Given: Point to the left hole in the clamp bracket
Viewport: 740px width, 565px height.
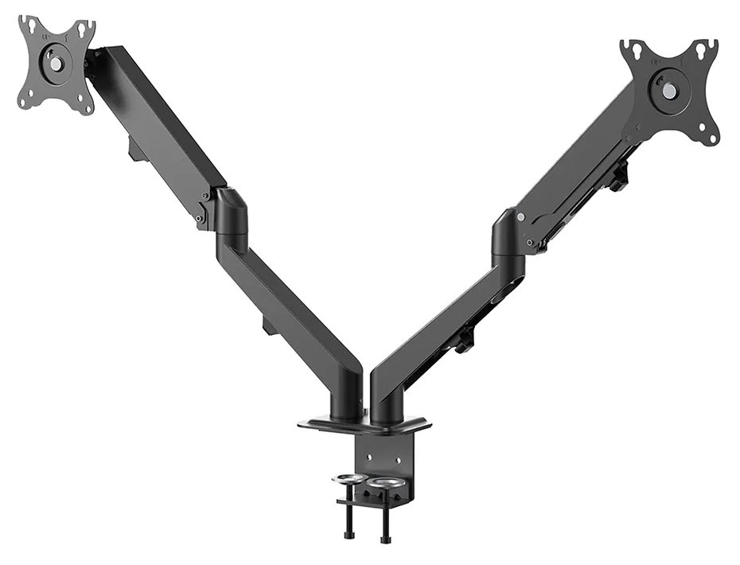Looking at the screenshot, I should tap(368, 456).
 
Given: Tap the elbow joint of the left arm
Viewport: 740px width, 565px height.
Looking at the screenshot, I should tap(230, 213).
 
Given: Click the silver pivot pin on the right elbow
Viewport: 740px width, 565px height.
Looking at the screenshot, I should tap(520, 217).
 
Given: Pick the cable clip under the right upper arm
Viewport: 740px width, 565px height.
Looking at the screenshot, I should tap(617, 177).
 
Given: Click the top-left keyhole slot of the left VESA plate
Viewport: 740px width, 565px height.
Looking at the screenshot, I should tap(30, 27).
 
